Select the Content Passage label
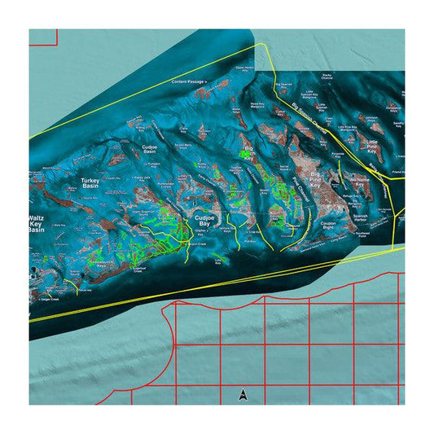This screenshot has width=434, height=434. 190,82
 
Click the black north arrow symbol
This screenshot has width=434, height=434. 243,396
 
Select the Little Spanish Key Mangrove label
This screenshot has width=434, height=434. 309,94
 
